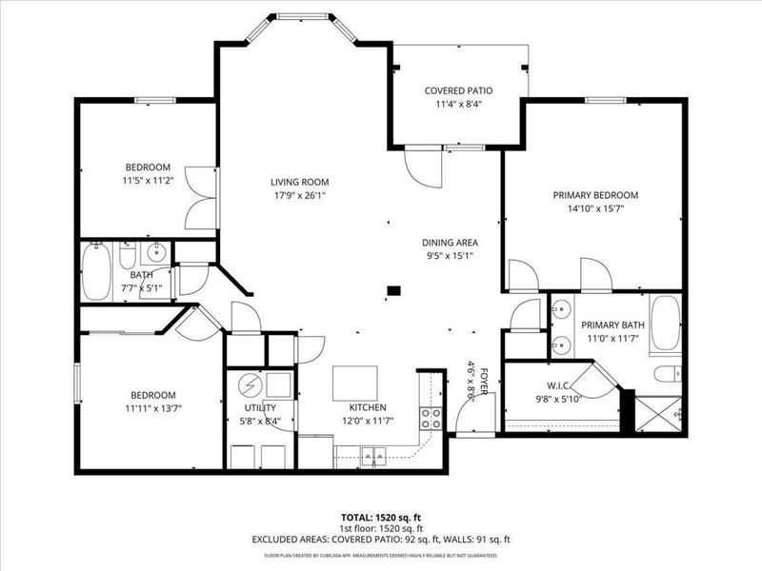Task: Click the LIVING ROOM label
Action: click(299, 182)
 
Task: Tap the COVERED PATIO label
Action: click(457, 91)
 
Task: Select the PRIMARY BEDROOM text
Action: click(595, 195)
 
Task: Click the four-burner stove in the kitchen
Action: click(431, 419)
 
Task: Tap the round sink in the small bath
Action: click(156, 254)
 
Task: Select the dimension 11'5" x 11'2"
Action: click(146, 179)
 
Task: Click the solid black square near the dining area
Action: click(393, 291)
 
